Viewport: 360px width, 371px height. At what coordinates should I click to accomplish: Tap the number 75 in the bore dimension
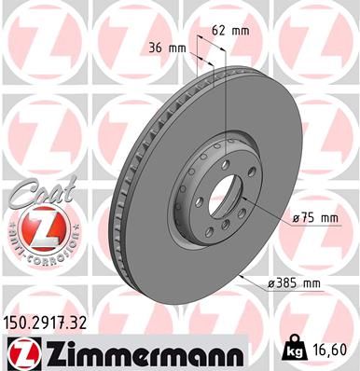coord(306,218)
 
